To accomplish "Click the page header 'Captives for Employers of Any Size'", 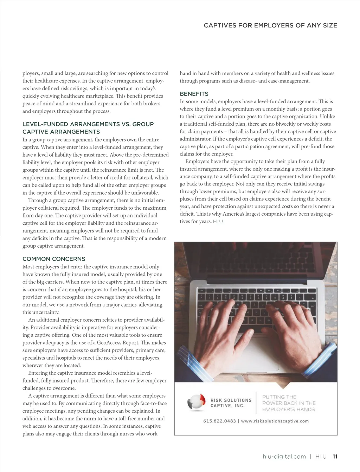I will [x=270, y=25].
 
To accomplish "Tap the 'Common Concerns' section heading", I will [x=54, y=259].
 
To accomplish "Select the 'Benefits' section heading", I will [x=194, y=94].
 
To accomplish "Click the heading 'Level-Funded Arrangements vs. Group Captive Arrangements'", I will [x=88, y=128].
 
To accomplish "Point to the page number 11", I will [x=335, y=457].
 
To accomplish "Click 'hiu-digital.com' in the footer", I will [x=284, y=457].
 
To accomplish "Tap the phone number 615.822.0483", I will [x=219, y=421].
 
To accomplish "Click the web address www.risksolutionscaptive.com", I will [x=275, y=421].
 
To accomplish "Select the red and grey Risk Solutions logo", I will [x=196, y=402].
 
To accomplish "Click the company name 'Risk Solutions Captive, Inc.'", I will [x=231, y=403].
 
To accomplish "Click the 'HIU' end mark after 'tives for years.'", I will [x=218, y=222].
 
